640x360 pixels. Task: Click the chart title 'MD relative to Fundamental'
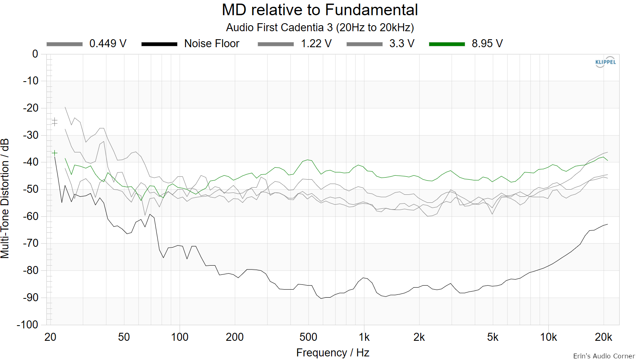tap(320, 10)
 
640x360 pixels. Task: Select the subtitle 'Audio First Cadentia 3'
tap(280, 28)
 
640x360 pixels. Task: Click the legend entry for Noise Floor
tap(190, 44)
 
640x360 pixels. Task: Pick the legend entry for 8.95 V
tap(466, 44)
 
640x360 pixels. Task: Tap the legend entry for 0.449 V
tap(86, 44)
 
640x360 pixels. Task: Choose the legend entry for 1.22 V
tap(294, 44)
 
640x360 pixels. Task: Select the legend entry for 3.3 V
tap(380, 44)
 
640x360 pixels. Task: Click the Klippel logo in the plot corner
tap(606, 62)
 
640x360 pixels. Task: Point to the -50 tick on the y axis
tap(30, 189)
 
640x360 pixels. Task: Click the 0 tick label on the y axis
tap(35, 54)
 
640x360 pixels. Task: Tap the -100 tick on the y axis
tap(28, 324)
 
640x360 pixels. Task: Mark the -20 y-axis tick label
tap(30, 108)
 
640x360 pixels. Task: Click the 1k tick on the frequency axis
tap(364, 338)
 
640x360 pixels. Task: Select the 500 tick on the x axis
tap(308, 338)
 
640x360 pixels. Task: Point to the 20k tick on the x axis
tap(604, 338)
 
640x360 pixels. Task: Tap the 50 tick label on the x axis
tap(124, 338)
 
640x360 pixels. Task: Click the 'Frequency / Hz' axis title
tap(333, 353)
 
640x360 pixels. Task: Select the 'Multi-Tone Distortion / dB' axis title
tap(5, 198)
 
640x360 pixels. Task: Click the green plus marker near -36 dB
tap(54, 153)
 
